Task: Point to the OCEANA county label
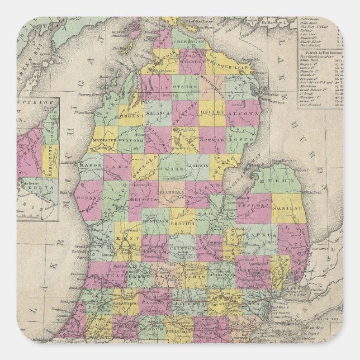(88, 197)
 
